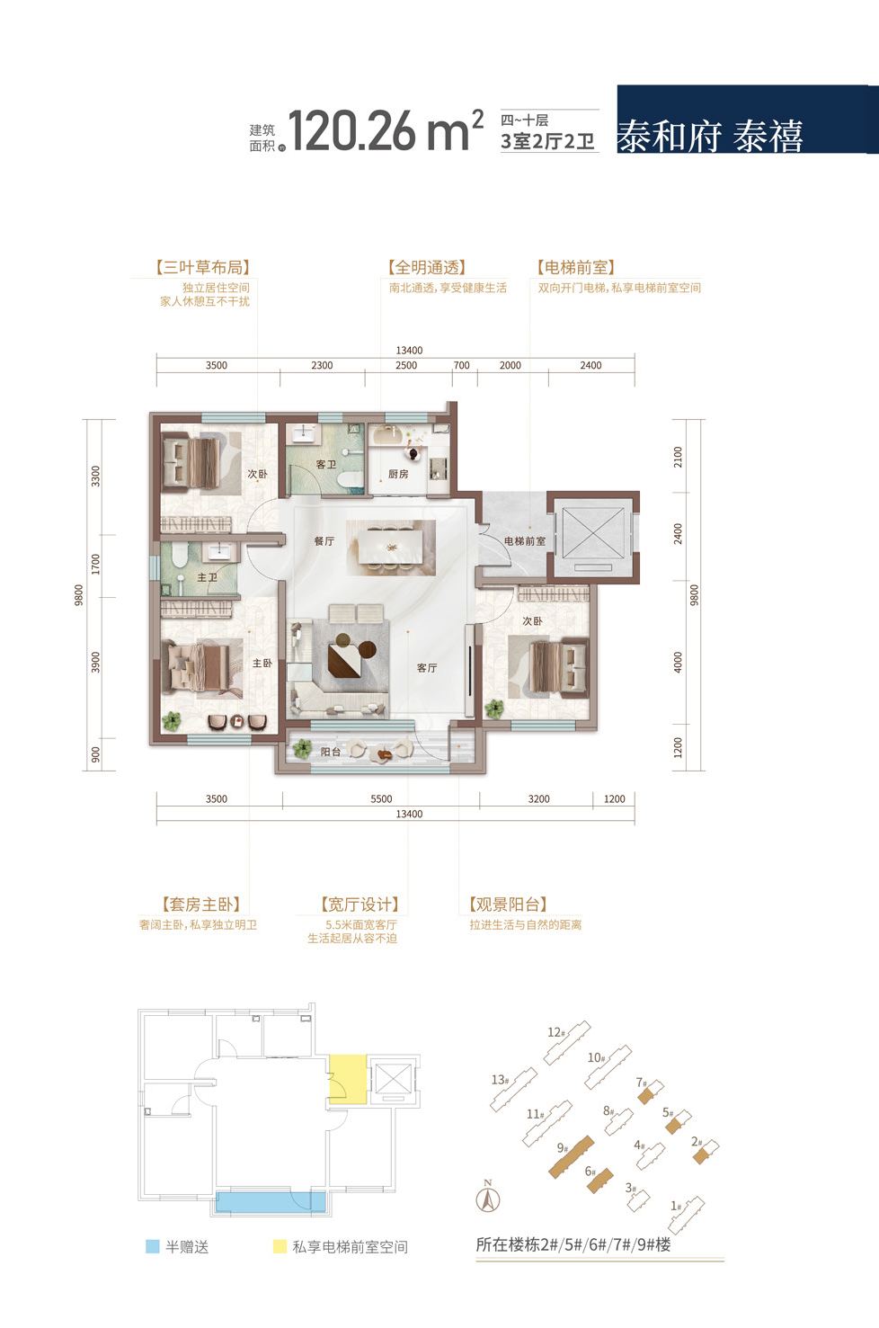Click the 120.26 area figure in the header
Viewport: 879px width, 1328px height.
click(x=351, y=131)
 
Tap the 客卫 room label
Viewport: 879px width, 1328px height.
click(x=326, y=464)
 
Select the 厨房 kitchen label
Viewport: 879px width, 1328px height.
click(x=398, y=474)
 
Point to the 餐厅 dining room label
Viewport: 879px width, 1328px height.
click(x=324, y=540)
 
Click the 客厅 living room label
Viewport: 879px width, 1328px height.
click(x=427, y=667)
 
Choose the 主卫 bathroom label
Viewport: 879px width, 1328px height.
click(x=208, y=577)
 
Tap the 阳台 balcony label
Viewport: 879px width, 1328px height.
click(x=331, y=752)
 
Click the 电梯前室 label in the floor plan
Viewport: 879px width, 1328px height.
click(x=525, y=540)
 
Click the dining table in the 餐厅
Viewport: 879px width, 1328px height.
click(x=391, y=548)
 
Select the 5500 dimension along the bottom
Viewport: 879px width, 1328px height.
click(x=381, y=798)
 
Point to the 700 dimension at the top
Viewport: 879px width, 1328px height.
click(x=462, y=365)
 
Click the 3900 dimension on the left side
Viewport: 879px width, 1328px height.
click(x=96, y=662)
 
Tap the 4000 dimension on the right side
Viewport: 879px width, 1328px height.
click(x=678, y=662)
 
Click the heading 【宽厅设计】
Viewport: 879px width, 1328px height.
click(x=360, y=905)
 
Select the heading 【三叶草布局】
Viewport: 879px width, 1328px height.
click(x=203, y=267)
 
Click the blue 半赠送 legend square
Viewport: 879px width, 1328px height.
click(x=153, y=1246)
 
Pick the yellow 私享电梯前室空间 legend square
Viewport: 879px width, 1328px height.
click(x=280, y=1246)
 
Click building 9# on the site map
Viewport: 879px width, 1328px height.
click(x=572, y=1156)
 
